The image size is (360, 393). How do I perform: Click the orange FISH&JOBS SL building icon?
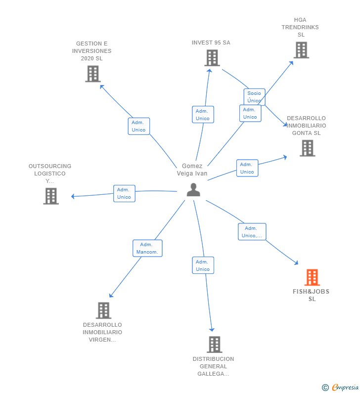point(312,277)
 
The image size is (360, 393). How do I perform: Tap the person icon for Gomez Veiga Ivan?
point(193,189)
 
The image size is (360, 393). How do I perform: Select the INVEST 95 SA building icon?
point(212,58)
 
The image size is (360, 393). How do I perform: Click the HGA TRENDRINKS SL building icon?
point(301,50)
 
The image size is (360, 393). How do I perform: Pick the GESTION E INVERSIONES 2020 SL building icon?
point(92,74)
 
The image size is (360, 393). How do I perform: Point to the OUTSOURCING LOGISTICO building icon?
point(51,196)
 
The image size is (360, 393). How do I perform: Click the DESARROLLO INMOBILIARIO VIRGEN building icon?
point(103,310)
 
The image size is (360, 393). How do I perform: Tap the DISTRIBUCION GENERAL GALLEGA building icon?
point(214,344)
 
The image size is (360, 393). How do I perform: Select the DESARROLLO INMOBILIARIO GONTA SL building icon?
point(307,148)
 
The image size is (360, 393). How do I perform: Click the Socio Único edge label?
point(254,97)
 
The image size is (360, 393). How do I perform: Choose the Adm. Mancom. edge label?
point(147,248)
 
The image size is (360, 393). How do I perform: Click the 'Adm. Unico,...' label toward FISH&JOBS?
point(252,232)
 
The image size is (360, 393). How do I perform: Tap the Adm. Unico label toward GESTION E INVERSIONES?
point(138,126)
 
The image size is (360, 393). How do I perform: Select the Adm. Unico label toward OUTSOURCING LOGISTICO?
point(124,193)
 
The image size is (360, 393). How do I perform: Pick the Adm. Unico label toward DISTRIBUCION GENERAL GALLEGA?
point(203,265)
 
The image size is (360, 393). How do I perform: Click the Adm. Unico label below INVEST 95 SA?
point(203,115)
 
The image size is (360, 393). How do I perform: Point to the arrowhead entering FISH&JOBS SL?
point(297,263)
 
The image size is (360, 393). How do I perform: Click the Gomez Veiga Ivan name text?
point(192,170)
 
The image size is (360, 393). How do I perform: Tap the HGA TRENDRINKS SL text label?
point(300,27)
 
